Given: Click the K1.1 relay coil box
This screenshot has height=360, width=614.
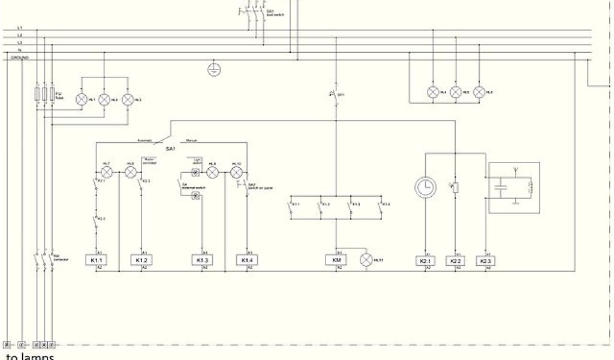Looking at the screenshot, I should click(x=97, y=260).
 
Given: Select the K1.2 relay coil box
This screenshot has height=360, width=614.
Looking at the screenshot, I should click(x=143, y=260).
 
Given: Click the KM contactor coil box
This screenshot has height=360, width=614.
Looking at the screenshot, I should click(x=336, y=260).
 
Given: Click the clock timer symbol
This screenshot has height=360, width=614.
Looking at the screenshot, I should click(x=425, y=188).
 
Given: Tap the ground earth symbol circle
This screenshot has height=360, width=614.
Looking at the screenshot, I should click(x=213, y=70).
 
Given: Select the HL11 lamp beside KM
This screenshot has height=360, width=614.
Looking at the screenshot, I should click(x=366, y=260).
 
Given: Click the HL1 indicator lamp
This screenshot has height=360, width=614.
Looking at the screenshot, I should click(x=82, y=99).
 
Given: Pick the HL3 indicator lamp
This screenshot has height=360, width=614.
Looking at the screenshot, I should click(x=127, y=99).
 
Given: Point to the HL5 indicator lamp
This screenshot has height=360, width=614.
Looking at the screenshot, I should click(x=456, y=92).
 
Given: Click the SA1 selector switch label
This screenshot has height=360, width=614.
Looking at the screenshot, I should click(x=170, y=148).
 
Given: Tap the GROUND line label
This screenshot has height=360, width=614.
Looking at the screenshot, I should click(x=20, y=58).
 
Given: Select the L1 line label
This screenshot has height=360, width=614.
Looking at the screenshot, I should click(x=20, y=28).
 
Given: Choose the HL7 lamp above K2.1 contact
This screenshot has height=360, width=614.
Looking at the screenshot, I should click(x=107, y=172).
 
